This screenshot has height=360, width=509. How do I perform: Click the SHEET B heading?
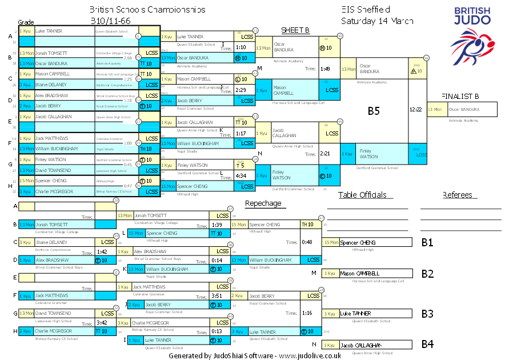[x=295, y=30]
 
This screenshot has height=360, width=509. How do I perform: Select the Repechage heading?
[x=263, y=203]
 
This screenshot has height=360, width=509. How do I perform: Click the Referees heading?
[x=458, y=195]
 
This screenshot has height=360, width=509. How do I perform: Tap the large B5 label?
[x=374, y=111]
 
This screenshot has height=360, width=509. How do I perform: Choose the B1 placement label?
[x=427, y=242]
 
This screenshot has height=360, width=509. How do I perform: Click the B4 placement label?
[x=427, y=345]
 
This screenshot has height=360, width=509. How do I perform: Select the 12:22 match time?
[x=416, y=109]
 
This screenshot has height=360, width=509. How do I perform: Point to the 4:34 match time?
[x=241, y=176]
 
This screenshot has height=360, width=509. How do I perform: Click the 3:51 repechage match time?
[x=217, y=296]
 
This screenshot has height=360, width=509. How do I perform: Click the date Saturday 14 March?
[x=377, y=21]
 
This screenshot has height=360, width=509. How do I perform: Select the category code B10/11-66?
[x=110, y=21]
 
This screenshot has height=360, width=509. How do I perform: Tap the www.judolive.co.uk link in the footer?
[x=310, y=355]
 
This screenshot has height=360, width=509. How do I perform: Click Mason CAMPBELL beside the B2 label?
[x=360, y=273]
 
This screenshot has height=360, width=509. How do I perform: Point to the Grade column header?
[x=26, y=22]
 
